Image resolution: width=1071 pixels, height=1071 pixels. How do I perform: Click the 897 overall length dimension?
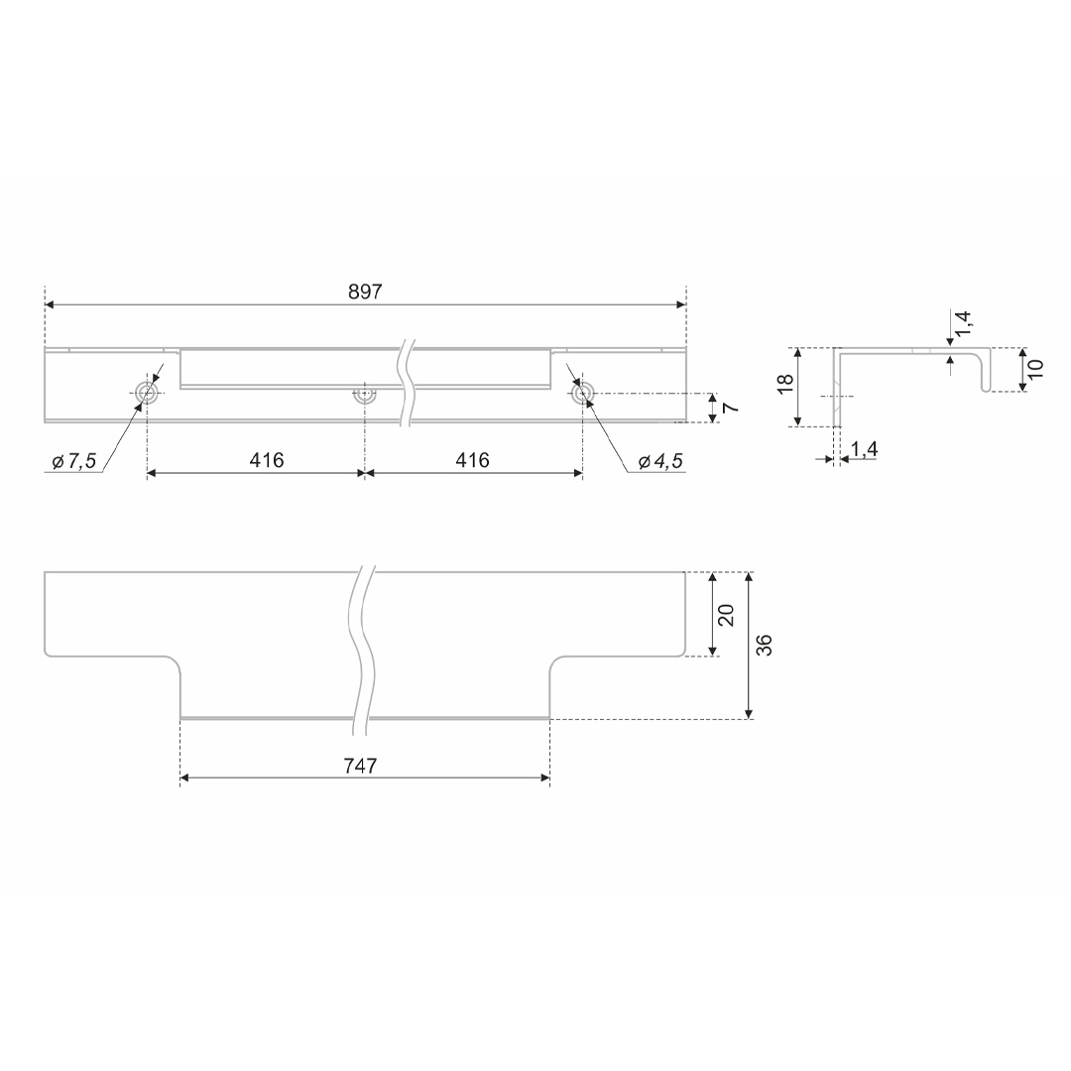365,292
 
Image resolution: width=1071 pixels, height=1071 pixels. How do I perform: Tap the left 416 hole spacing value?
267,460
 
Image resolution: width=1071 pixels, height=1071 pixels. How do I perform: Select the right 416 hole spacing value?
473,460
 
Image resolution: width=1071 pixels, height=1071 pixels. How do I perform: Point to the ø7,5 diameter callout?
74,462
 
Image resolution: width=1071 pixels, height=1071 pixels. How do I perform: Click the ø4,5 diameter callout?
660,462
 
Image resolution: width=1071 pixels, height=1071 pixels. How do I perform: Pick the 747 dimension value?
360,767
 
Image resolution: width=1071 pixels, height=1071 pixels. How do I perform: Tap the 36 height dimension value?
765,646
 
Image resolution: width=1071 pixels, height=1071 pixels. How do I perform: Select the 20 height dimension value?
726,615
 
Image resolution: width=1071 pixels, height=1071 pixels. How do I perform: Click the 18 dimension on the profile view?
786,383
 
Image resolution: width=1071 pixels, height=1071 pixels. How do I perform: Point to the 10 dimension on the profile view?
1035,369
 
